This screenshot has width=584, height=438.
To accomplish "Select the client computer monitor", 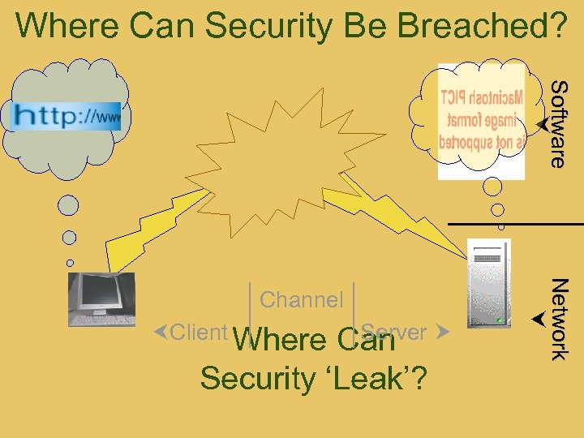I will tap(102, 298).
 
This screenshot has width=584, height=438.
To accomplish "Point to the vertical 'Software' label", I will tap(557, 122).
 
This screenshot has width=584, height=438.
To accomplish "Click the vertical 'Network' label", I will tap(558, 318).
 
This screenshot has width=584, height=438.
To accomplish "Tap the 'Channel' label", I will tap(302, 299).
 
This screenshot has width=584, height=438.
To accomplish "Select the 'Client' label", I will tap(199, 332).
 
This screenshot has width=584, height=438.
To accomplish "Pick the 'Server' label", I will tap(394, 332).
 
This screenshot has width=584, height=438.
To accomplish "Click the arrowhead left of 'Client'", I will tap(161, 332).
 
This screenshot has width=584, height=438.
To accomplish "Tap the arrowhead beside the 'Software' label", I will tap(538, 124).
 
